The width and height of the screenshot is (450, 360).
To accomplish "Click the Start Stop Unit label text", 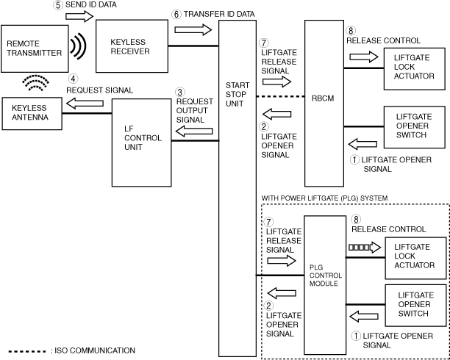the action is tap(238, 94).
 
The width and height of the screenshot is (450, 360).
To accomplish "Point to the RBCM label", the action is tap(323, 98).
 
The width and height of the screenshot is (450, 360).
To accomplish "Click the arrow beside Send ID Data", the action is tap(79, 16).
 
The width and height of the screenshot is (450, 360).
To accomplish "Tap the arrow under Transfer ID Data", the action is tap(193, 29).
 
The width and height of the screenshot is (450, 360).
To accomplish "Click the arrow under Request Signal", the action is tap(85, 104).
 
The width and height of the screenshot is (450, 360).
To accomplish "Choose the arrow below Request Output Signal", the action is tap(194, 132).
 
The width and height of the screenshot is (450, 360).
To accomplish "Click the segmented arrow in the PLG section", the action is tap(365, 247).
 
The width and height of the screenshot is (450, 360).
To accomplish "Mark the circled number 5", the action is tap(58, 5).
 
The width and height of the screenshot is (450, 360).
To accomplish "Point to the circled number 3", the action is tap(180, 93).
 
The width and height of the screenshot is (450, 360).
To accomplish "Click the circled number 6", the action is tap(176, 15).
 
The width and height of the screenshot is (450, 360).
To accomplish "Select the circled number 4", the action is tap(74, 79).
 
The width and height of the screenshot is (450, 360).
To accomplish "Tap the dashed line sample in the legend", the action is tap(27, 351).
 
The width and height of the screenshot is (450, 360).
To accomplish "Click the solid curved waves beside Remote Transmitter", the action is tap(79, 46).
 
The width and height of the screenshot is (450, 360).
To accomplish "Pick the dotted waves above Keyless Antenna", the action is tap(35, 82).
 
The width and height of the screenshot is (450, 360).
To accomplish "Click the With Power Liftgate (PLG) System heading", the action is tap(324, 198).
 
